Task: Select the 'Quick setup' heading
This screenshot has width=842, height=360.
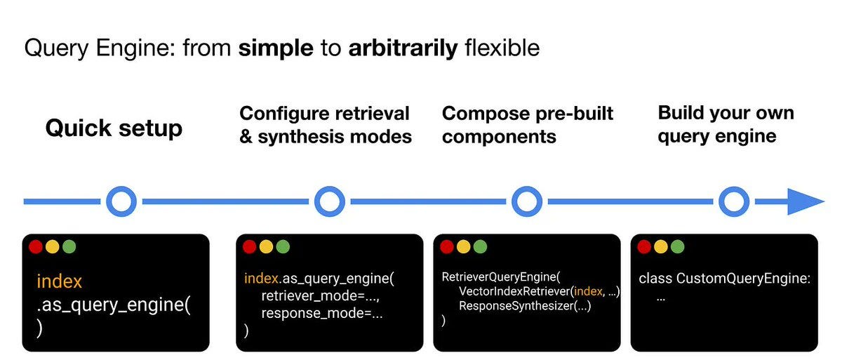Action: coord(114,128)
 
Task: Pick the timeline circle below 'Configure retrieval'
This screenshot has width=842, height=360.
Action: coord(329,202)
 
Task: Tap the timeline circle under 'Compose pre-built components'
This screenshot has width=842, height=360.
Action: coord(527,202)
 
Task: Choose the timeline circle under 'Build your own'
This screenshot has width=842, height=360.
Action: coord(734,202)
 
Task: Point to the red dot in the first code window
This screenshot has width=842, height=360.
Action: coord(36,247)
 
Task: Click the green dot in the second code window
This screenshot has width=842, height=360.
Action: coord(282,247)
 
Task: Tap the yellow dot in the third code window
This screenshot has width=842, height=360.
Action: coord(463,247)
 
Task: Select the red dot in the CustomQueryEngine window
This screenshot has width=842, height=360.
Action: coord(644,247)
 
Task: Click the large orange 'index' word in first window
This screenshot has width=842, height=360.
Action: coord(59,282)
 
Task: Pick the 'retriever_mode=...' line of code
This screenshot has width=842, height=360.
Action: coord(321,295)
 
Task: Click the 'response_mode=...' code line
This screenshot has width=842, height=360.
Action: coord(322,313)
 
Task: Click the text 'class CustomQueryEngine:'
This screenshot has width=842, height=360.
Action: coord(724,279)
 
